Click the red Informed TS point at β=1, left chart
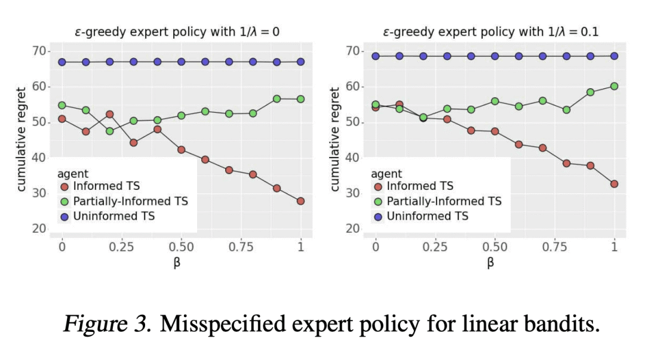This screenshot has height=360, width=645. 300,201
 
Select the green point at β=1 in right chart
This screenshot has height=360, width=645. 614,86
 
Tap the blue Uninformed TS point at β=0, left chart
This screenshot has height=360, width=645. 62,62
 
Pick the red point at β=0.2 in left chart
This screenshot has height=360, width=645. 110,115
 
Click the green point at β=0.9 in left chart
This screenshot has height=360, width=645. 277,99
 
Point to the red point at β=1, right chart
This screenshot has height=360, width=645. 614,184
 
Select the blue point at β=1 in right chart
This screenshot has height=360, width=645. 614,56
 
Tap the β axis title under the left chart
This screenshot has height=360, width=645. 177,263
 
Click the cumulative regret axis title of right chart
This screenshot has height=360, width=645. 334,140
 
